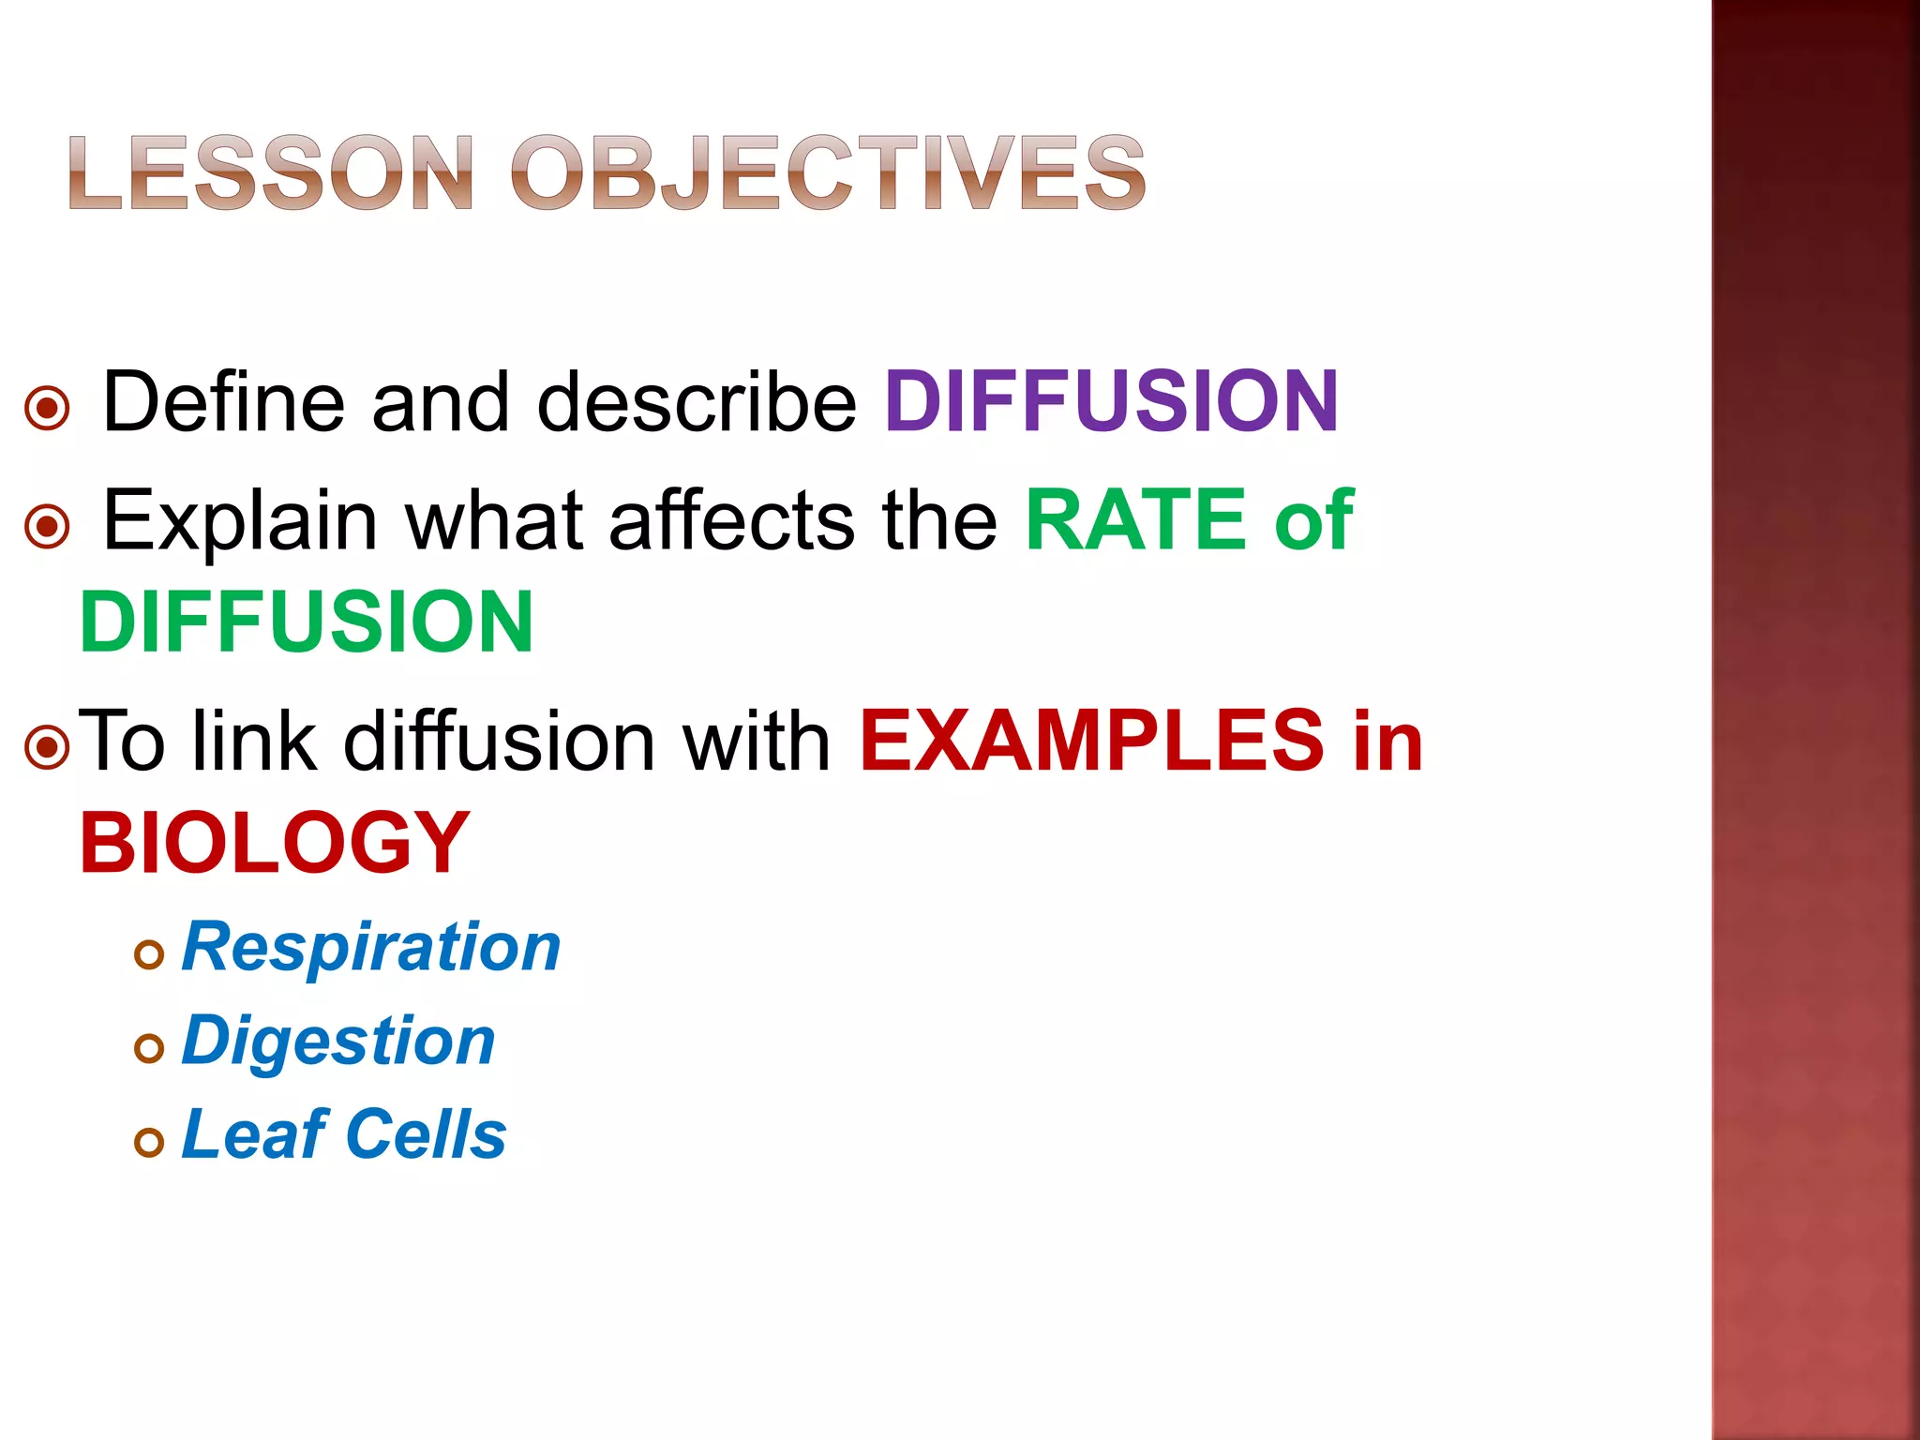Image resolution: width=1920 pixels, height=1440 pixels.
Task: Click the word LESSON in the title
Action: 270,172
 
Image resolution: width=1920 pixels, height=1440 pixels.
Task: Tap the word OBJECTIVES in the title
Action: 828,172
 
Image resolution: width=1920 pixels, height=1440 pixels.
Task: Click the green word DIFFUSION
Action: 307,622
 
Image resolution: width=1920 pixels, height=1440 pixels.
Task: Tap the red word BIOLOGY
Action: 274,842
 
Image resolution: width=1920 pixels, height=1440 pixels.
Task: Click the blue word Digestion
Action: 337,1041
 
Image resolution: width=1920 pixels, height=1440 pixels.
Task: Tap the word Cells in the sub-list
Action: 427,1134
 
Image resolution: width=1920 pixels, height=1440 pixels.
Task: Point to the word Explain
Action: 239,521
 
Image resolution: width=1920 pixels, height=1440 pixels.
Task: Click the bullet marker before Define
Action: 47,409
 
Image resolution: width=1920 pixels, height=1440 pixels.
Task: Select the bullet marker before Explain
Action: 47,527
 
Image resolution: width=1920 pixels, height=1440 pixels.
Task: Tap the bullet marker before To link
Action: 47,748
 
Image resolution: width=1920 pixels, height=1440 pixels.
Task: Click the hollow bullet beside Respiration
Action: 149,955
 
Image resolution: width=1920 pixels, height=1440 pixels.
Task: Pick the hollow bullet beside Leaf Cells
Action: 149,1142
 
